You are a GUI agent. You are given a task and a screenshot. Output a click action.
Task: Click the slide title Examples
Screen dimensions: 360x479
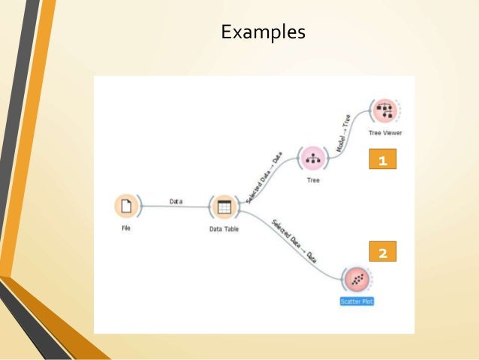pyautogui.click(x=262, y=32)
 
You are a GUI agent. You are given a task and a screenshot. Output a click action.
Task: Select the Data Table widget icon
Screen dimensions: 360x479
pyautogui.click(x=223, y=207)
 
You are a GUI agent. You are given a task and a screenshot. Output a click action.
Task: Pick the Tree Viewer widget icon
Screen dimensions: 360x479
pyautogui.click(x=384, y=111)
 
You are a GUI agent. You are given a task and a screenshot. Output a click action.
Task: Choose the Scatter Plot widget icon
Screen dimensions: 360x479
pyautogui.click(x=357, y=280)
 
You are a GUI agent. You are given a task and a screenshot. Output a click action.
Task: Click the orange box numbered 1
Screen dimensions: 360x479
pyautogui.click(x=384, y=160)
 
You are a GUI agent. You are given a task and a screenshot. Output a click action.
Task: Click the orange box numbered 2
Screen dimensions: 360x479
pyautogui.click(x=383, y=253)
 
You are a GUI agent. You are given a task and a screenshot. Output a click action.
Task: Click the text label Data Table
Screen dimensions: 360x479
pyautogui.click(x=224, y=229)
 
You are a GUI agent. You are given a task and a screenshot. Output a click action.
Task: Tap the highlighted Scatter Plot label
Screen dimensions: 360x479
pyautogui.click(x=357, y=302)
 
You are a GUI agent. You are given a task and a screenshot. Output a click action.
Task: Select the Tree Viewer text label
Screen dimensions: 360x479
pyautogui.click(x=385, y=133)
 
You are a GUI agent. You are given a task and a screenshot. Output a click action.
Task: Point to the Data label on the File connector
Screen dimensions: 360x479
pyautogui.click(x=176, y=201)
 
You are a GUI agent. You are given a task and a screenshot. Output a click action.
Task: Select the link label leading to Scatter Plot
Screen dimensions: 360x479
pyautogui.click(x=293, y=240)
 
